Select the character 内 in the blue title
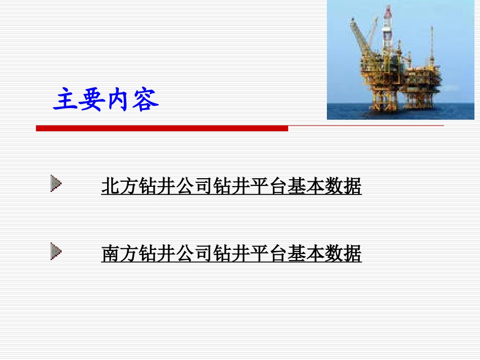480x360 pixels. [119, 99]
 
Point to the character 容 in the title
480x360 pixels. [146, 99]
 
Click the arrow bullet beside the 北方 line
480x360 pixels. [56, 184]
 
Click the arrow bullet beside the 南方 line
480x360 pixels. [56, 251]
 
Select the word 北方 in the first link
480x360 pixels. [120, 187]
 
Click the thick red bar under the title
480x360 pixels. [162, 129]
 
